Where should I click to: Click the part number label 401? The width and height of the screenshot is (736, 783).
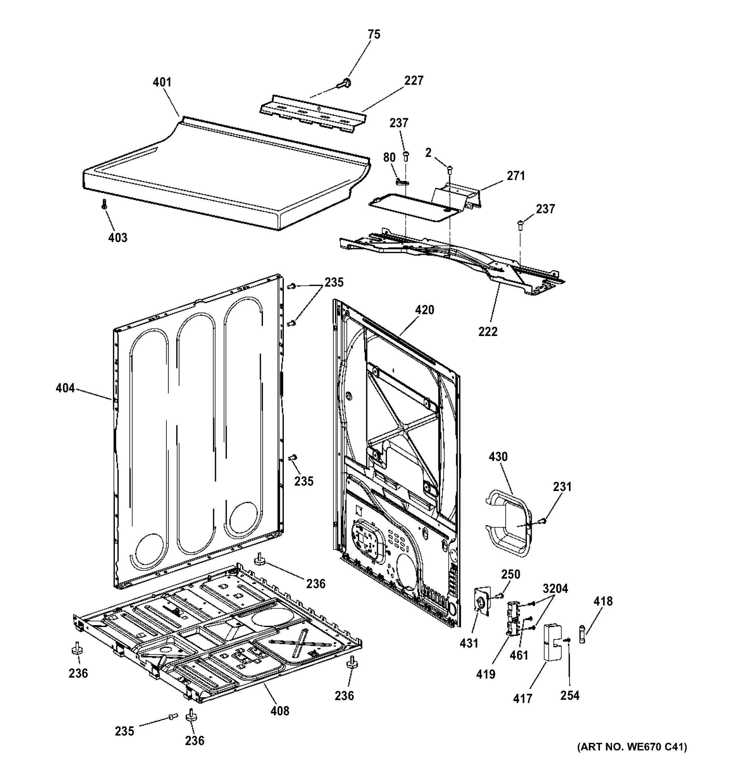coord(162,82)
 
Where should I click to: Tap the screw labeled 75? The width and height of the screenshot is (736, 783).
coord(346,84)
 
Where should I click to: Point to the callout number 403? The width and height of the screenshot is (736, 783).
coord(118,238)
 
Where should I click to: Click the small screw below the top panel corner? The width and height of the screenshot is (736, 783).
coord(104,204)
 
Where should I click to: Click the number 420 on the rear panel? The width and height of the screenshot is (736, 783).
coord(424,310)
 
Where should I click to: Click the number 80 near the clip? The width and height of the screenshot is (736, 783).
coord(389,158)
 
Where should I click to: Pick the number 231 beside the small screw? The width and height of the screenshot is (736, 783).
coord(562,487)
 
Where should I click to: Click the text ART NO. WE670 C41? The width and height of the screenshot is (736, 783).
coord(632,758)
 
